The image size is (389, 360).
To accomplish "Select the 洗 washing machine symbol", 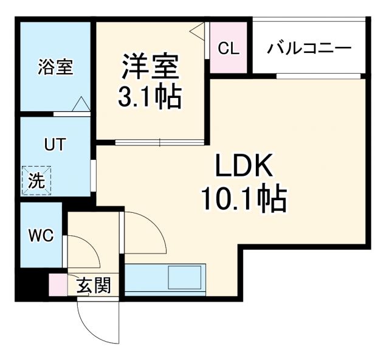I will (x=37, y=180).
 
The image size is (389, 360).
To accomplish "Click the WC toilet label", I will (x=41, y=235).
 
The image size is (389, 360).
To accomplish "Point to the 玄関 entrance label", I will (x=94, y=285).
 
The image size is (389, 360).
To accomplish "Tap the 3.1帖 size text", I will (x=151, y=96).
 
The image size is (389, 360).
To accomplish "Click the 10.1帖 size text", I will (x=243, y=198).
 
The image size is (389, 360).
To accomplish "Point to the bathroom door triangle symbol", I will (x=80, y=105).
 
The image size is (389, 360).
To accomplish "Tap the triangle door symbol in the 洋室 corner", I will (x=199, y=31).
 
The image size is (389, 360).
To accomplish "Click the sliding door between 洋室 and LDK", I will (x=159, y=143).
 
